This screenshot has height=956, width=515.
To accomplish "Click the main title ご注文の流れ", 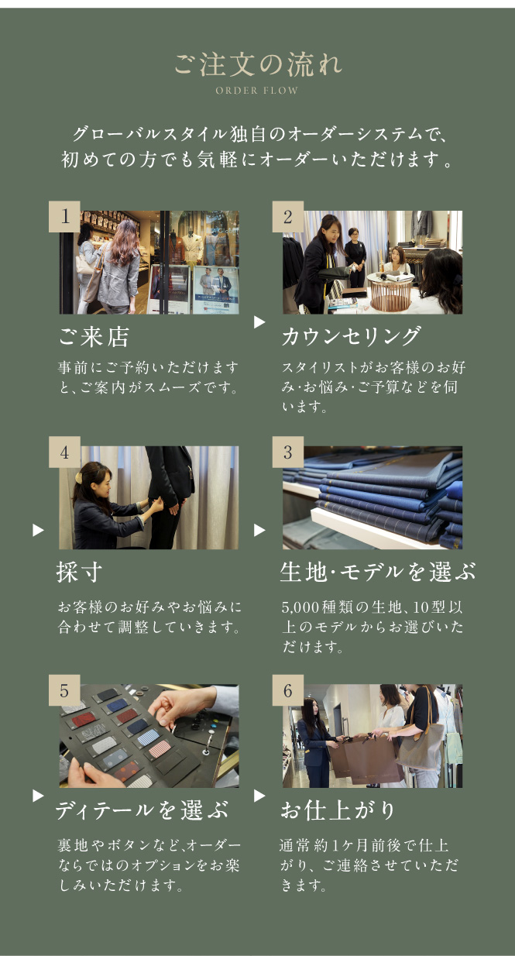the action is (x=258, y=65).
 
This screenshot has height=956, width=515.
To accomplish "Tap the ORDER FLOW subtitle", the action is (x=257, y=91).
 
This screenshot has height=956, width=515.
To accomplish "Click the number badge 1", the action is (x=64, y=216).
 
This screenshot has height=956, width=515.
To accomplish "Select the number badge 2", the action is (x=288, y=216).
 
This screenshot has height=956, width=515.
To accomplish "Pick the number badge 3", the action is (x=288, y=452).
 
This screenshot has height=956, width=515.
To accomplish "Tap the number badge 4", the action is (x=64, y=452).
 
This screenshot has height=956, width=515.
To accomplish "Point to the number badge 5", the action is (x=64, y=690).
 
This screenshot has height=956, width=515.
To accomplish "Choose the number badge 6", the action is (x=288, y=690).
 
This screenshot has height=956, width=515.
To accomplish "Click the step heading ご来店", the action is (x=94, y=337).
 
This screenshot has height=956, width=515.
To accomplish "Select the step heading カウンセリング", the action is (x=352, y=337).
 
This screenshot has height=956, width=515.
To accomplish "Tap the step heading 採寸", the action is (x=79, y=572).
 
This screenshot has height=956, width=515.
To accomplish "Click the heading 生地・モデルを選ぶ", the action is (x=378, y=572).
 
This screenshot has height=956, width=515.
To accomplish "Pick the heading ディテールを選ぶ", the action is (x=142, y=810).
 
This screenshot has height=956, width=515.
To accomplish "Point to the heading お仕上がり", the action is (x=338, y=810).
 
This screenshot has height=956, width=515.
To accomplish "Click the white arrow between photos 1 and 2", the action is (x=259, y=322).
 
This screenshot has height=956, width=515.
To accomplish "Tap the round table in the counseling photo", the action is (x=391, y=291).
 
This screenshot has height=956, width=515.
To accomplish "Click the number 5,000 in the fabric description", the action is (x=300, y=607).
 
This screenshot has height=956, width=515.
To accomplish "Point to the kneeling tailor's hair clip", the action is (x=80, y=476).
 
